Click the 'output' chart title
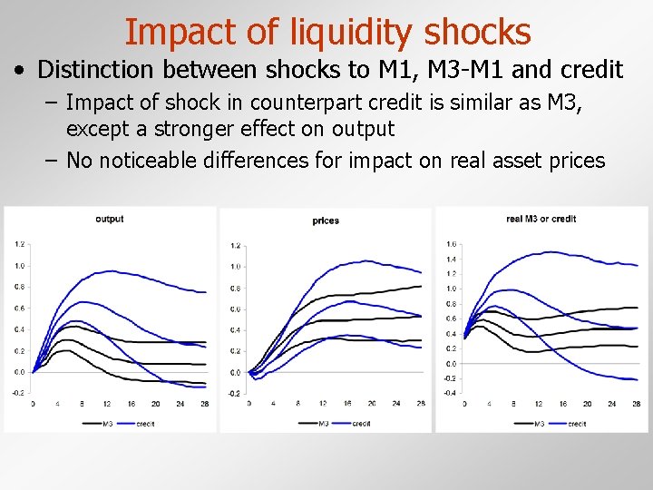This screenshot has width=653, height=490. click(109, 219)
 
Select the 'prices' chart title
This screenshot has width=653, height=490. click(326, 220)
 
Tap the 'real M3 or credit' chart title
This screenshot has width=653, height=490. click(541, 219)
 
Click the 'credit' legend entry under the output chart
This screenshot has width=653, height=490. click(145, 423)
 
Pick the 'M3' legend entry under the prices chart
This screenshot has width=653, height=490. click(325, 423)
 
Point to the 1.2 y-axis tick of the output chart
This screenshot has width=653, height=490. click(19, 244)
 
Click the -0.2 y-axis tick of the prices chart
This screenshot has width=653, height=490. click(235, 394)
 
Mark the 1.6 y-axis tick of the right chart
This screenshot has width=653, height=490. click(451, 244)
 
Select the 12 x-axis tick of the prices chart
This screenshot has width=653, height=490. click(323, 404)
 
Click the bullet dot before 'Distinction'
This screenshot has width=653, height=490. click(19, 70)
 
